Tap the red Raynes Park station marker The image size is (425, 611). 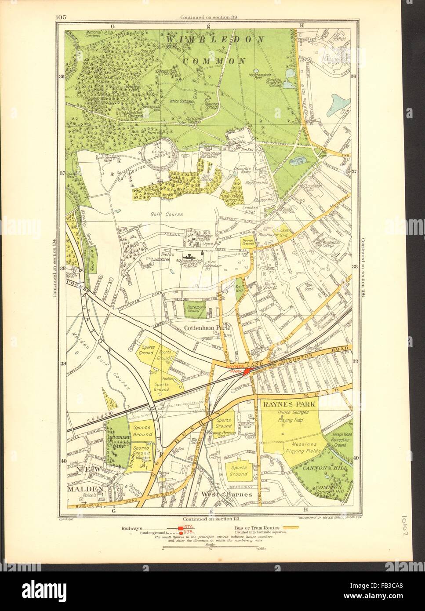pyautogui.click(x=247, y=371)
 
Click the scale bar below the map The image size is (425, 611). pyautogui.click(x=211, y=548)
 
